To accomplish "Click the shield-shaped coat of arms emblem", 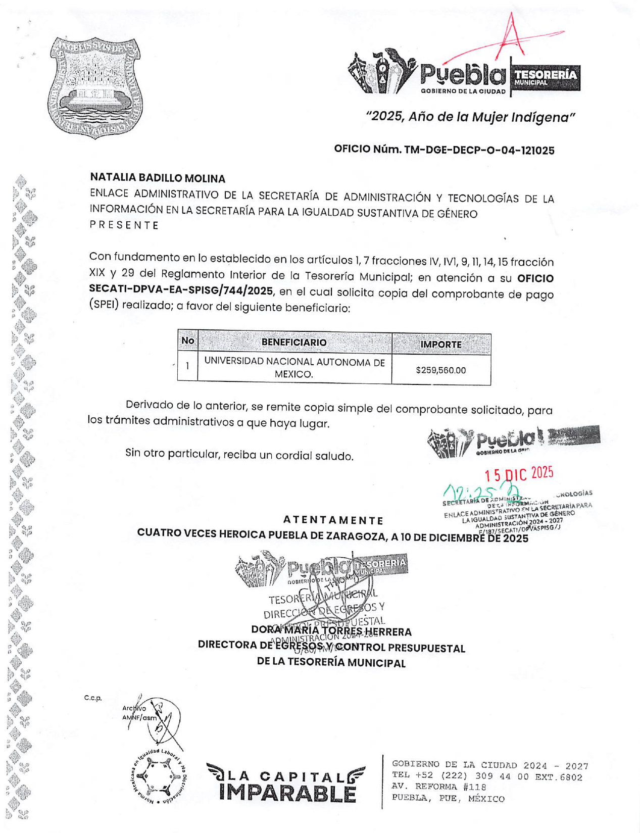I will point(94,87).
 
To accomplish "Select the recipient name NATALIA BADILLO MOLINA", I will point(158,178).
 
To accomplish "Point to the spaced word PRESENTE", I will point(124,225).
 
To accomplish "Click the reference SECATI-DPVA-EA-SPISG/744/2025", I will point(181,290).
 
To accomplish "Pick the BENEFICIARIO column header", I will point(293,342).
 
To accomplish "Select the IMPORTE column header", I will point(440,344).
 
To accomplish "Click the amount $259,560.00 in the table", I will point(440,370).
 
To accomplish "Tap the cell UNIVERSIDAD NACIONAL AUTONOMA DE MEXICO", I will point(294,368).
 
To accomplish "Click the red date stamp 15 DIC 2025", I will point(519,474).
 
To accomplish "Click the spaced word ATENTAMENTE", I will point(333,520).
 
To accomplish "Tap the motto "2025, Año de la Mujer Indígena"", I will point(470,117).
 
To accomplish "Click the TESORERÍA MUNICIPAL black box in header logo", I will point(545,77).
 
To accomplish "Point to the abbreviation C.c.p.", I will point(93,698).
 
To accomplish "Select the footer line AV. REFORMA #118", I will point(438,787).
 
